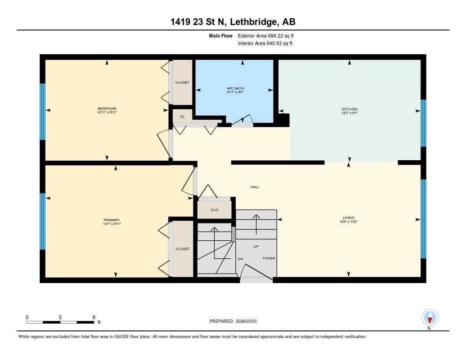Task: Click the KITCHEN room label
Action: tap(349, 109)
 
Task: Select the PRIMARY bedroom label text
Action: tap(111, 220)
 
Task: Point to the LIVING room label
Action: tap(349, 218)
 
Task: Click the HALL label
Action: tap(255, 187)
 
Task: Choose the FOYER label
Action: tap(269, 259)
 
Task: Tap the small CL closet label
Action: tap(182, 117)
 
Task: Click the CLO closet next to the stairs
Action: tap(214, 210)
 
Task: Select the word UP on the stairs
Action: tap(256, 246)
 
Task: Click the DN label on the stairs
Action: tap(240, 259)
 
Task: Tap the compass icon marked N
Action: tap(430, 317)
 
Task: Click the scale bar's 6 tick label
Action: tap(94, 317)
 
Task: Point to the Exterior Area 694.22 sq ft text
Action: tap(268, 35)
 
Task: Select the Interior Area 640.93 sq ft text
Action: tap(265, 44)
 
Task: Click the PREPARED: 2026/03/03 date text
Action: tap(236, 321)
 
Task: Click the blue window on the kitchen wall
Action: tap(423, 123)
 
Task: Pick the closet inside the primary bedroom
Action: tap(182, 249)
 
